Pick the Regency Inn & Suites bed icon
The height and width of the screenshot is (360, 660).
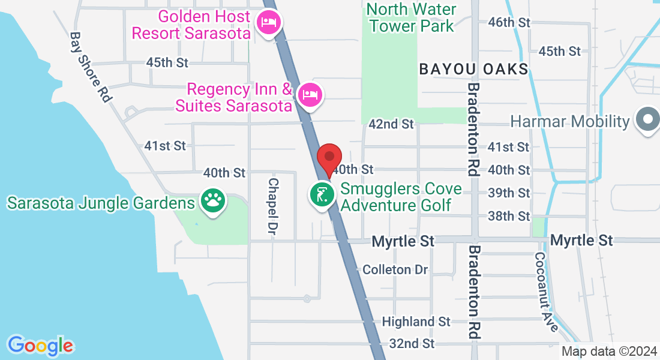click(x=310, y=95)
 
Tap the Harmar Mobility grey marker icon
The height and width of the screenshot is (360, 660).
click(x=647, y=121)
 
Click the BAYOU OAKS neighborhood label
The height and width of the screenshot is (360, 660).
click(x=473, y=69)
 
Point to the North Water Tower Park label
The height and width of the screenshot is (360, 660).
click(x=412, y=18)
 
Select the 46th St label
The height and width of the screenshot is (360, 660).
click(x=509, y=22)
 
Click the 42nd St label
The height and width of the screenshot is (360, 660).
click(x=391, y=124)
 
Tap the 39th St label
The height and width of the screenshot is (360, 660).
click(x=509, y=193)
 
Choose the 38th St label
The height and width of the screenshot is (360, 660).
click(x=509, y=215)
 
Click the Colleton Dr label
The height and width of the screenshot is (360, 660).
click(x=395, y=269)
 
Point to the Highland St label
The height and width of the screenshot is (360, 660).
click(x=416, y=322)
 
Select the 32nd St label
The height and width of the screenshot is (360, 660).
click(x=411, y=343)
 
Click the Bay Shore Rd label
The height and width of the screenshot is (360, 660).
click(x=91, y=67)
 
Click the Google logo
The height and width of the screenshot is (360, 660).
click(x=40, y=346)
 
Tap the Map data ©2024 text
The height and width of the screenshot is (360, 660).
click(x=608, y=352)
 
